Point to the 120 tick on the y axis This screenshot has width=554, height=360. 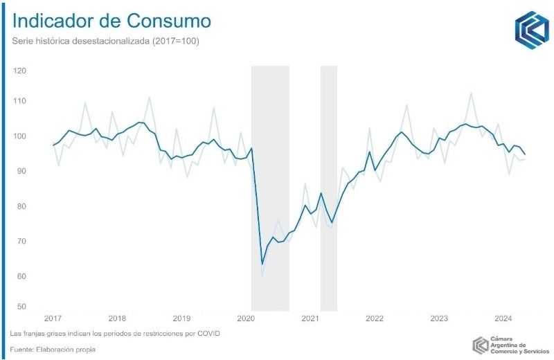point(19,71)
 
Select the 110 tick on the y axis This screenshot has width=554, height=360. point(19,101)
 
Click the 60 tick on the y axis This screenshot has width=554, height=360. point(21,276)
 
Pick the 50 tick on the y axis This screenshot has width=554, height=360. point(21,307)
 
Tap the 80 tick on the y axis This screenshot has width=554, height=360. point(21,206)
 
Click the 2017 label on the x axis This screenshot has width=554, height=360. point(53,318)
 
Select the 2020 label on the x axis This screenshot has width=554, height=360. point(247,318)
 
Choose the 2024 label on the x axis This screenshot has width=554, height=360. point(503,318)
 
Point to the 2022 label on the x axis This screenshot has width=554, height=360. point(375,318)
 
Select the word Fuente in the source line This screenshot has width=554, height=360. point(24,350)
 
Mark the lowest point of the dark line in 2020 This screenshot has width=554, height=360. point(262,264)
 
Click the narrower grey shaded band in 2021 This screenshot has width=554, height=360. point(328,187)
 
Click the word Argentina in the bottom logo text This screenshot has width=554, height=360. point(509,344)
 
